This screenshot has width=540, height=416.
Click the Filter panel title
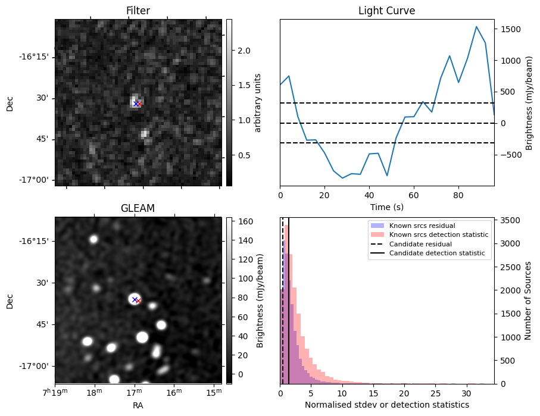[138, 11]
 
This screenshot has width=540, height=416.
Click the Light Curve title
[386, 11]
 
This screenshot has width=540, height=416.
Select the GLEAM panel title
[138, 208]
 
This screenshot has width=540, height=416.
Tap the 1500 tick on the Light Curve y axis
[512, 29]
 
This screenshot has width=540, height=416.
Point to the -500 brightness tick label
[511, 155]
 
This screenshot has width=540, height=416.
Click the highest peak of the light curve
[476, 27]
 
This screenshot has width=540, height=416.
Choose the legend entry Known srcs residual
[422, 226]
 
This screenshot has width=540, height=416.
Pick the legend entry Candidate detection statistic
[436, 254]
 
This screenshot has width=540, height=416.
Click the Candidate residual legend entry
[420, 245]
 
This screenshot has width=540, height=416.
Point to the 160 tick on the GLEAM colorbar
[244, 221]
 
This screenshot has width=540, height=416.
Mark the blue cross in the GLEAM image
[135, 299]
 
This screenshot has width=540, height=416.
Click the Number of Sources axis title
[528, 300]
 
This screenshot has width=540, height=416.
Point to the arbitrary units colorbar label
[257, 102]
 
